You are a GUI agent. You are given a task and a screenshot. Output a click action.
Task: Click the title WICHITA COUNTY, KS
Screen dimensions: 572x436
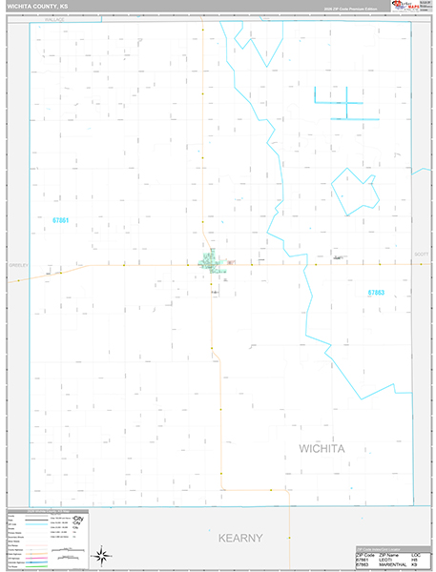pos(36,6)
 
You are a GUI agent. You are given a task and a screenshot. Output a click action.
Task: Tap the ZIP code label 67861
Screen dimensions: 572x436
pos(61,220)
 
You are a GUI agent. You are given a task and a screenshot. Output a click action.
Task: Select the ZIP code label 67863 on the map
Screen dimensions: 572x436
pos(376,293)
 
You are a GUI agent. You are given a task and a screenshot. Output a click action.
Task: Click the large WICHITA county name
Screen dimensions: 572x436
pos(329,448)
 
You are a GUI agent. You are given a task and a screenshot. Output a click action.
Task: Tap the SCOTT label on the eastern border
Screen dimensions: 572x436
pos(422,255)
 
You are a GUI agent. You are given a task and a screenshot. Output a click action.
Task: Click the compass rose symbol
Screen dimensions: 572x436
pos(101,554)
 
